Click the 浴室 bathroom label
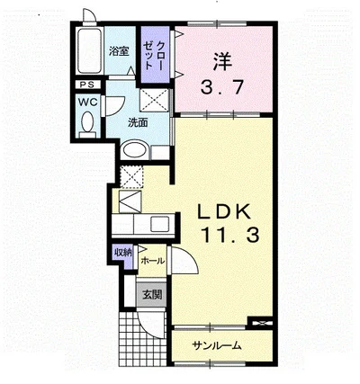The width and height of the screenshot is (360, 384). tap(119, 51)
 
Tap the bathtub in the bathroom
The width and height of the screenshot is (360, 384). tap(89, 50)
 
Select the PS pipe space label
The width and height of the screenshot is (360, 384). tap(87, 85)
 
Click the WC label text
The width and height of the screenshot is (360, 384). tap(88, 102)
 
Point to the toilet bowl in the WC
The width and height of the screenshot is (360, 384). tap(88, 122)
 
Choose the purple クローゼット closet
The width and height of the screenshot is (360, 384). tap(156, 55)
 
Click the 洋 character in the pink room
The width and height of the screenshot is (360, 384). tap(222, 61)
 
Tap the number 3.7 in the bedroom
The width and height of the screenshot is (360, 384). tap(221, 87)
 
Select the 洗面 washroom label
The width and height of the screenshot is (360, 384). tap(138, 122)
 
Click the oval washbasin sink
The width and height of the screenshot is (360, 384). tap(136, 149)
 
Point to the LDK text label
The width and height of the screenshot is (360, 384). tap(223, 212)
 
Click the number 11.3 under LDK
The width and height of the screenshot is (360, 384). tap(230, 235)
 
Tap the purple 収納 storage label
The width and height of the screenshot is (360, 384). tap(122, 253)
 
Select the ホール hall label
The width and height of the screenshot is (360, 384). tap(153, 261)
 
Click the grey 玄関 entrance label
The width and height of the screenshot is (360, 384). tap(152, 295)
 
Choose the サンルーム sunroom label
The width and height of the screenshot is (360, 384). tap(217, 346)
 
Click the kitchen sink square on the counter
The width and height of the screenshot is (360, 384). tap(160, 224)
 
